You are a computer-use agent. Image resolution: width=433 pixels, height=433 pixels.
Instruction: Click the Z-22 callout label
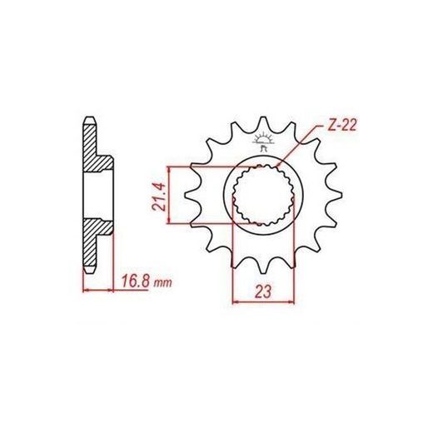pos(342,126)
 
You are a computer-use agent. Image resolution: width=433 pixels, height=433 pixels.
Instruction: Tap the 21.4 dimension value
pos(161,197)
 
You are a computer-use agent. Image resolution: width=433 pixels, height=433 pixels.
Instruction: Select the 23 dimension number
pos(262,291)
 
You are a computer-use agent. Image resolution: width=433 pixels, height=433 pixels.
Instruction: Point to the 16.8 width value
pos(136,281)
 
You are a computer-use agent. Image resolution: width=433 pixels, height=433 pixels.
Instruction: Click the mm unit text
pos(163,283)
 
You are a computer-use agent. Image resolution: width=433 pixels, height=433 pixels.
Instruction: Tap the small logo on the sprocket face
pos(263,142)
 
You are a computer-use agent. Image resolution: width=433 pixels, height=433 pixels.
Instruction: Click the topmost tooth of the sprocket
pos(262,123)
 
